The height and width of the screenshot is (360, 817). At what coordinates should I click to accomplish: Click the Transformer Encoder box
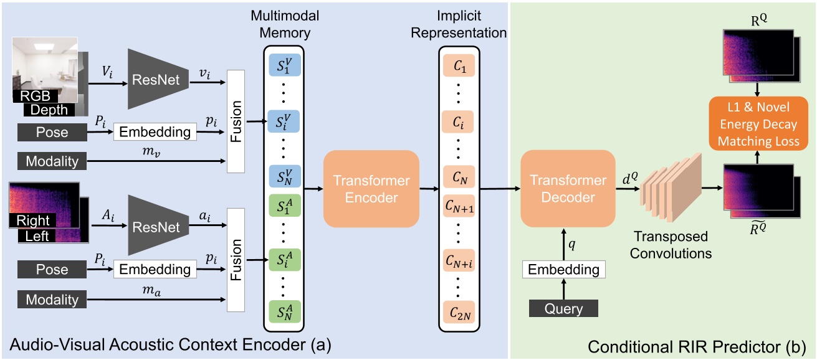(371, 189)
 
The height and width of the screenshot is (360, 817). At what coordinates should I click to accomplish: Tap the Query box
(563, 308)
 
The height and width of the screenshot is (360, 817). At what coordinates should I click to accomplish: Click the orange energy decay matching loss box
(758, 124)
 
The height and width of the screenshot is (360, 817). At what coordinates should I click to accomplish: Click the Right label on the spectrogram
(32, 220)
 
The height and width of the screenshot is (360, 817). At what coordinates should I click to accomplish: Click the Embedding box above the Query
(563, 270)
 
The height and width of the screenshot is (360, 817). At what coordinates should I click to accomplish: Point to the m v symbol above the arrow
(162, 151)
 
